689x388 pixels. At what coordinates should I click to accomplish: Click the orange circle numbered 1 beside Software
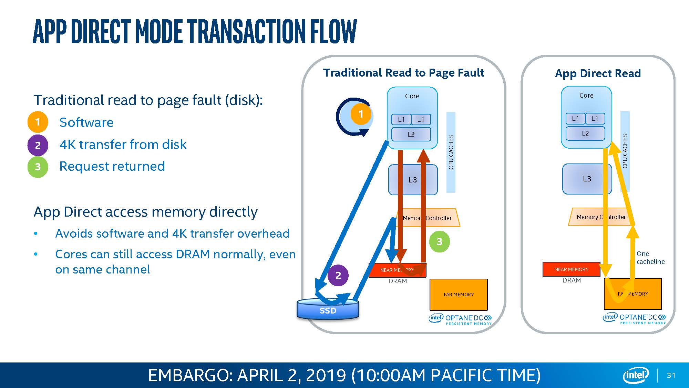[x=38, y=122]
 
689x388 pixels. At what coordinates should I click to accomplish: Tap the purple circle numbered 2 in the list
[x=38, y=145]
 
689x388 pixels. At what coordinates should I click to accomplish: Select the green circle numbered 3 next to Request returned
[x=38, y=167]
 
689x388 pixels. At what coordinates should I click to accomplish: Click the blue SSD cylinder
[x=328, y=310]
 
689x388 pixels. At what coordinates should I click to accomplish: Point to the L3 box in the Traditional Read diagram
[x=413, y=180]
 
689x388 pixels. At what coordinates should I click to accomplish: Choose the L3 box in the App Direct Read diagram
[x=587, y=179]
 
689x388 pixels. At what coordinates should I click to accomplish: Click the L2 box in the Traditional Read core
[x=411, y=134]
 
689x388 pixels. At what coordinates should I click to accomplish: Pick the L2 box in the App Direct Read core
[x=585, y=133]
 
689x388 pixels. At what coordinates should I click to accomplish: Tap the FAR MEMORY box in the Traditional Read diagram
[x=459, y=295]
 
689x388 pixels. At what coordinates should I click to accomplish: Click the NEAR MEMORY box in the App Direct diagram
[x=571, y=269]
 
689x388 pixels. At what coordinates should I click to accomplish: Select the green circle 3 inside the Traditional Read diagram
[x=439, y=241]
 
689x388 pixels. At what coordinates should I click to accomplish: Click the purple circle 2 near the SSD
[x=338, y=275]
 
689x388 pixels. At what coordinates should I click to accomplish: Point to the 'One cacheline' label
[x=650, y=258]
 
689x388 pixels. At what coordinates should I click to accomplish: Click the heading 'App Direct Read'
[x=598, y=73]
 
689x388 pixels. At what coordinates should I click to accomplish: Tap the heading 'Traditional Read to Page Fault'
[x=403, y=73]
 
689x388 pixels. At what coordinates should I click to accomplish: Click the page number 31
[x=671, y=375]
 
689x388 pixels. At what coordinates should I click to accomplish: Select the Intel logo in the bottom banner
[x=636, y=375]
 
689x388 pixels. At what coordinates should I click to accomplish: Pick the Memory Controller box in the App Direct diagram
[x=601, y=217]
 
